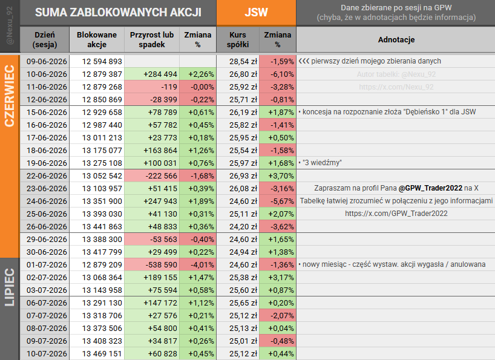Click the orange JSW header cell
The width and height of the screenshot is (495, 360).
[x=256, y=13]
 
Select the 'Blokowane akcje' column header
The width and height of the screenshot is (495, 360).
[x=97, y=39]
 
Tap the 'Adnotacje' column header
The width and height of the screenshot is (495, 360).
[x=396, y=39]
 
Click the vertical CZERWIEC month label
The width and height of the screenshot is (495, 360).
[x=10, y=96]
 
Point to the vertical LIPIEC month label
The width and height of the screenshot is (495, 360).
[x=10, y=287]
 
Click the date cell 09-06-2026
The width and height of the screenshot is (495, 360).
[x=47, y=61]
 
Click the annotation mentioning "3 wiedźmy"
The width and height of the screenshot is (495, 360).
[x=320, y=163]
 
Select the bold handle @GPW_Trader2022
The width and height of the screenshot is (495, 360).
[x=430, y=188]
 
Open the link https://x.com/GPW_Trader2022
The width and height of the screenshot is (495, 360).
[x=396, y=214]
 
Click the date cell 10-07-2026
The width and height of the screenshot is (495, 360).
[x=47, y=354]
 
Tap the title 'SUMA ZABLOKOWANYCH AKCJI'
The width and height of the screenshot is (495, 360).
[x=118, y=13]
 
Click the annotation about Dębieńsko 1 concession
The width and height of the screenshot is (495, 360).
[x=387, y=112]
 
